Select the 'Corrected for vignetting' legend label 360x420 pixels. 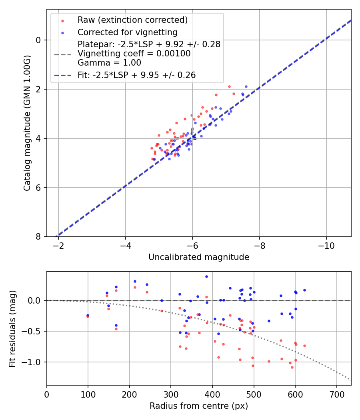[x=127, y=32]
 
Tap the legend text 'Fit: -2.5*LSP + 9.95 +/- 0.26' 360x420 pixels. [x=136, y=75]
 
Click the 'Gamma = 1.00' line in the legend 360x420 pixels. [x=109, y=62]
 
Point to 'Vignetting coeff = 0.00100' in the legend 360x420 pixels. [x=134, y=53]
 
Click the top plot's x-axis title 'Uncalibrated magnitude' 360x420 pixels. [x=199, y=257]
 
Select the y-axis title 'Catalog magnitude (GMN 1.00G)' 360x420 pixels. [x=27, y=123]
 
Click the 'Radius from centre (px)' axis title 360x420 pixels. [x=199, y=406]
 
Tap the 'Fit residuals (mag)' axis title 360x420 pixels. [x=12, y=328]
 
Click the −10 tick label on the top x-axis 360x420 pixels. [x=326, y=246]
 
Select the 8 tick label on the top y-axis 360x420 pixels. [x=38, y=237]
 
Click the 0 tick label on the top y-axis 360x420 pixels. [x=38, y=40]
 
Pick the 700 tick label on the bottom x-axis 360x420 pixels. [x=336, y=394]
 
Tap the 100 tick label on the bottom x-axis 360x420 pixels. [x=88, y=394]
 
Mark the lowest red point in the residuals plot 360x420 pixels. [x=292, y=367]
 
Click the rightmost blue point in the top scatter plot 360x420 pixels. [x=246, y=86]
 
